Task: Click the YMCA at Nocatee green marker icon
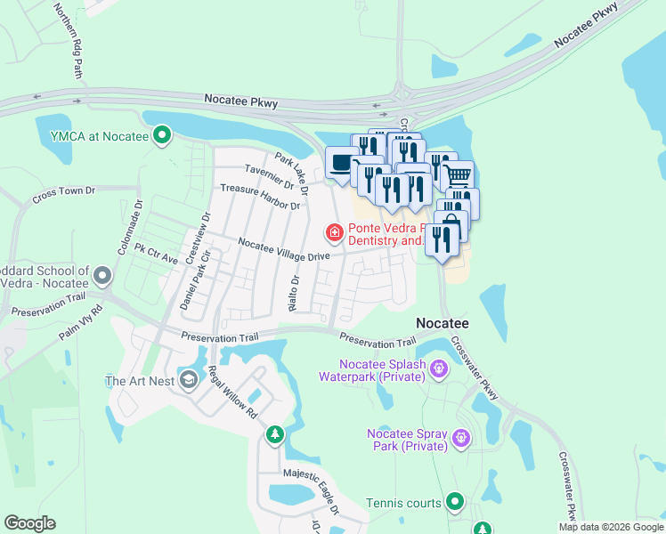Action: [162, 135]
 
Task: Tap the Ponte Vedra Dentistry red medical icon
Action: [334, 233]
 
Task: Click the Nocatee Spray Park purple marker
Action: [459, 437]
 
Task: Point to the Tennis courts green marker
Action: [455, 503]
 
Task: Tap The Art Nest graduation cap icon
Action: [188, 381]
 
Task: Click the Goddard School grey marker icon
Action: [103, 276]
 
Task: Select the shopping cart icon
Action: [457, 175]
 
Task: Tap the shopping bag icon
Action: [451, 223]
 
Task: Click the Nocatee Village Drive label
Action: [284, 248]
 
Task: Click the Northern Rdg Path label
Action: [70, 40]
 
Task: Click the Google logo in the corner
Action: [29, 523]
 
